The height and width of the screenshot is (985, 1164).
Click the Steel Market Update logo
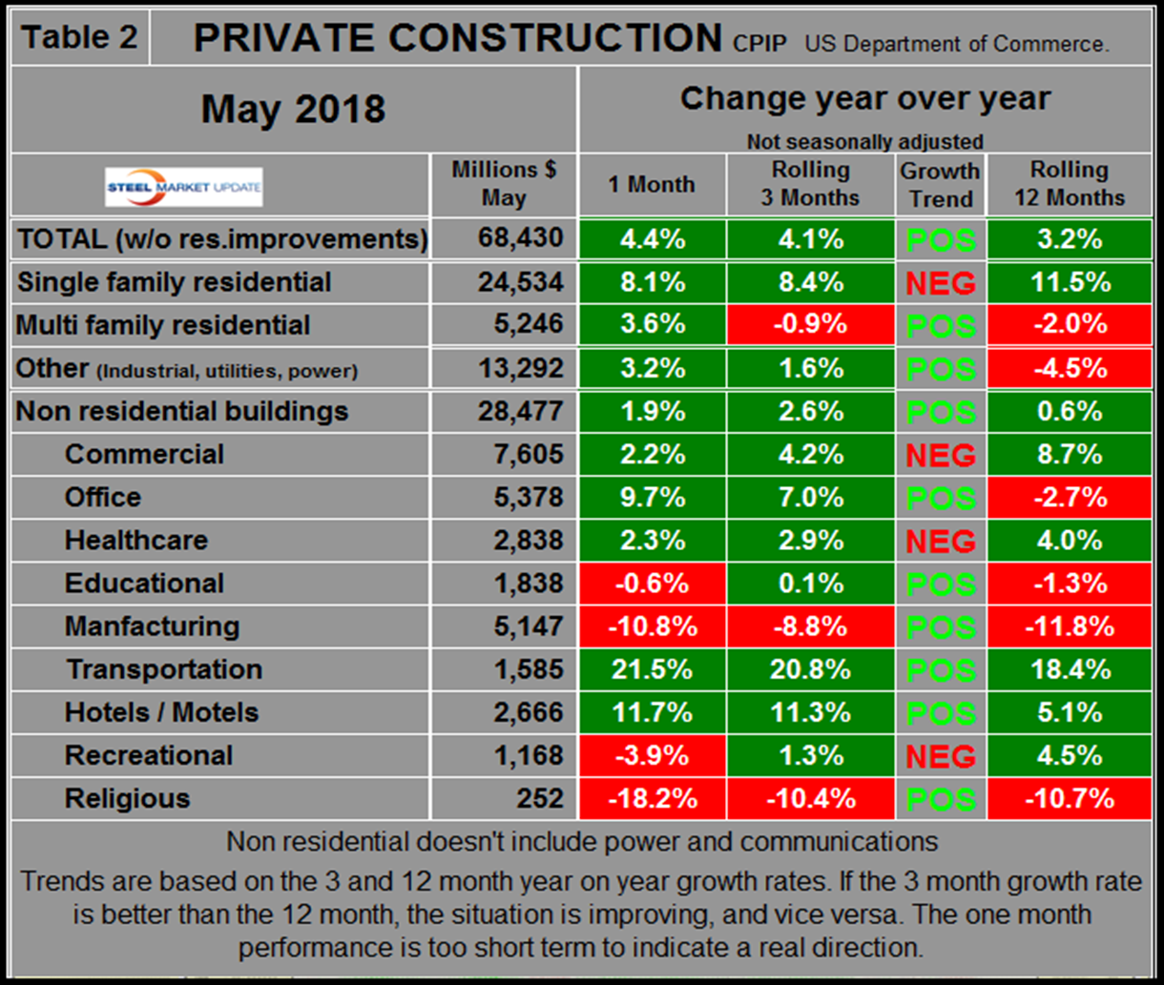(x=184, y=187)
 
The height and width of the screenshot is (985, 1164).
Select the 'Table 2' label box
(x=80, y=37)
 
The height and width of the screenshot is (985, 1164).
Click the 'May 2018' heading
(x=293, y=110)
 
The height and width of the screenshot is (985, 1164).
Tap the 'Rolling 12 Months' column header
(x=1069, y=185)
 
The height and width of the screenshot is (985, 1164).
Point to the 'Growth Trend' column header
(x=940, y=185)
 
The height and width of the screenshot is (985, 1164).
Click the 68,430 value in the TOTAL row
(x=521, y=238)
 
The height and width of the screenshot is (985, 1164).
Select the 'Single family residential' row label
(x=174, y=282)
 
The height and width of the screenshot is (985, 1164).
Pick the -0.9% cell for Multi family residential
(x=810, y=324)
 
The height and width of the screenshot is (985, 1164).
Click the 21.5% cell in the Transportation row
(x=651, y=669)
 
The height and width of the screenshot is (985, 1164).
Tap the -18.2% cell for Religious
(x=651, y=798)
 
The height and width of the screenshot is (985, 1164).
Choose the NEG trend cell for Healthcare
(x=940, y=541)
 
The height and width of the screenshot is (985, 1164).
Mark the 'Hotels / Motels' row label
(x=161, y=712)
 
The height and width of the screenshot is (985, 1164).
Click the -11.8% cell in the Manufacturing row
(x=1069, y=626)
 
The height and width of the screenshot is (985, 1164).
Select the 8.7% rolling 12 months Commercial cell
(x=1069, y=454)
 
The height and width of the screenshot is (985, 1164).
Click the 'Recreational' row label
(x=149, y=755)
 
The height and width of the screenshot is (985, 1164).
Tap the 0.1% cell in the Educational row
(x=810, y=584)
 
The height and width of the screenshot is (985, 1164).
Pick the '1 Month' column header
(x=651, y=185)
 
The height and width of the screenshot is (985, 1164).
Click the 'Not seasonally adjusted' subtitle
(x=863, y=142)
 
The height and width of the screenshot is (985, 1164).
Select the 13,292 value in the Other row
(x=521, y=368)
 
